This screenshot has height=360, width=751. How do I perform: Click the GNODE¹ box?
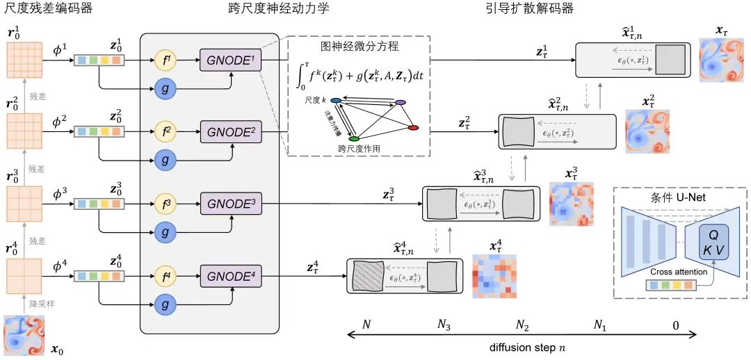point(229,60)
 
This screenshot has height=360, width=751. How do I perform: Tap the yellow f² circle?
point(165,130)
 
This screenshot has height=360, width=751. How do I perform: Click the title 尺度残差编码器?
point(48,8)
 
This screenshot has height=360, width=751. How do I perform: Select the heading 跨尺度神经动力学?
point(278,8)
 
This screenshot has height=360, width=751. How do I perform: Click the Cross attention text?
point(679,272)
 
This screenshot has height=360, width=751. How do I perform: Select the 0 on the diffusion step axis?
point(675,325)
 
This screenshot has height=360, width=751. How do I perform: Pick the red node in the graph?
point(413,128)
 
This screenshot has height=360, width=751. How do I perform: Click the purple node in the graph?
point(400,102)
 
